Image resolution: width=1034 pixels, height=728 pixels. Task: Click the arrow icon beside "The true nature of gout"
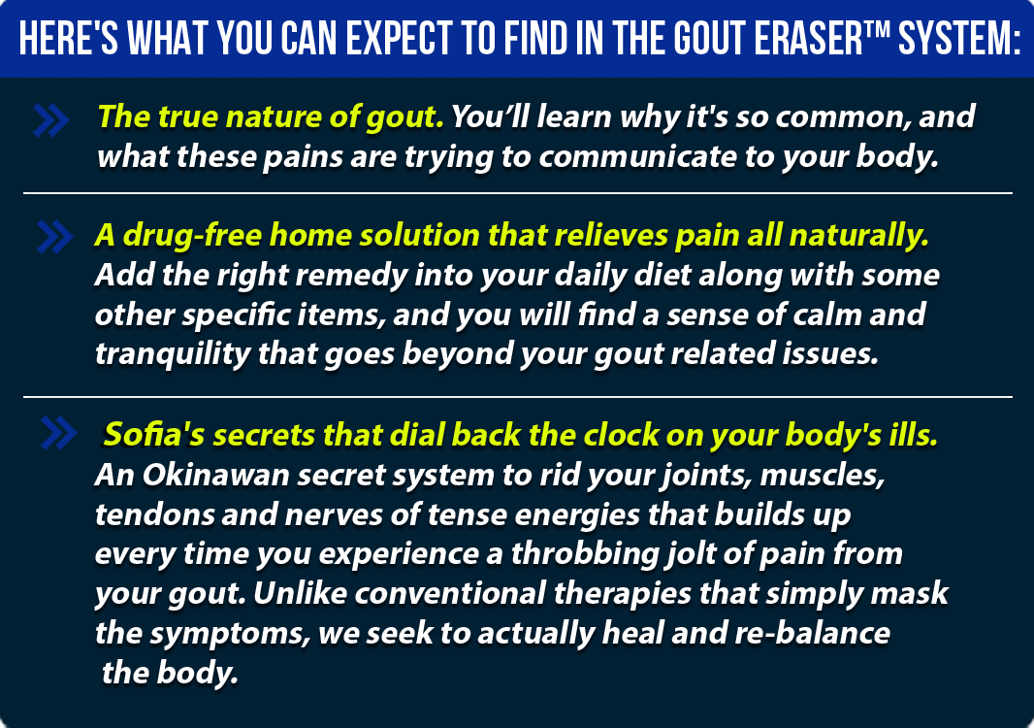[x=50, y=120]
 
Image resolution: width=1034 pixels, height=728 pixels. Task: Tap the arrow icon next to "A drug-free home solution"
[x=54, y=236]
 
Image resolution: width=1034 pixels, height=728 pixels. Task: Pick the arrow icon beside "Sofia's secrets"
[x=58, y=433]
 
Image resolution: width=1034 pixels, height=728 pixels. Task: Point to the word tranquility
[x=173, y=353]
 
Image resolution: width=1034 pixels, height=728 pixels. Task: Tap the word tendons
[x=154, y=514]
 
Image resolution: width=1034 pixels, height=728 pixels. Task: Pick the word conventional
[x=450, y=593]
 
